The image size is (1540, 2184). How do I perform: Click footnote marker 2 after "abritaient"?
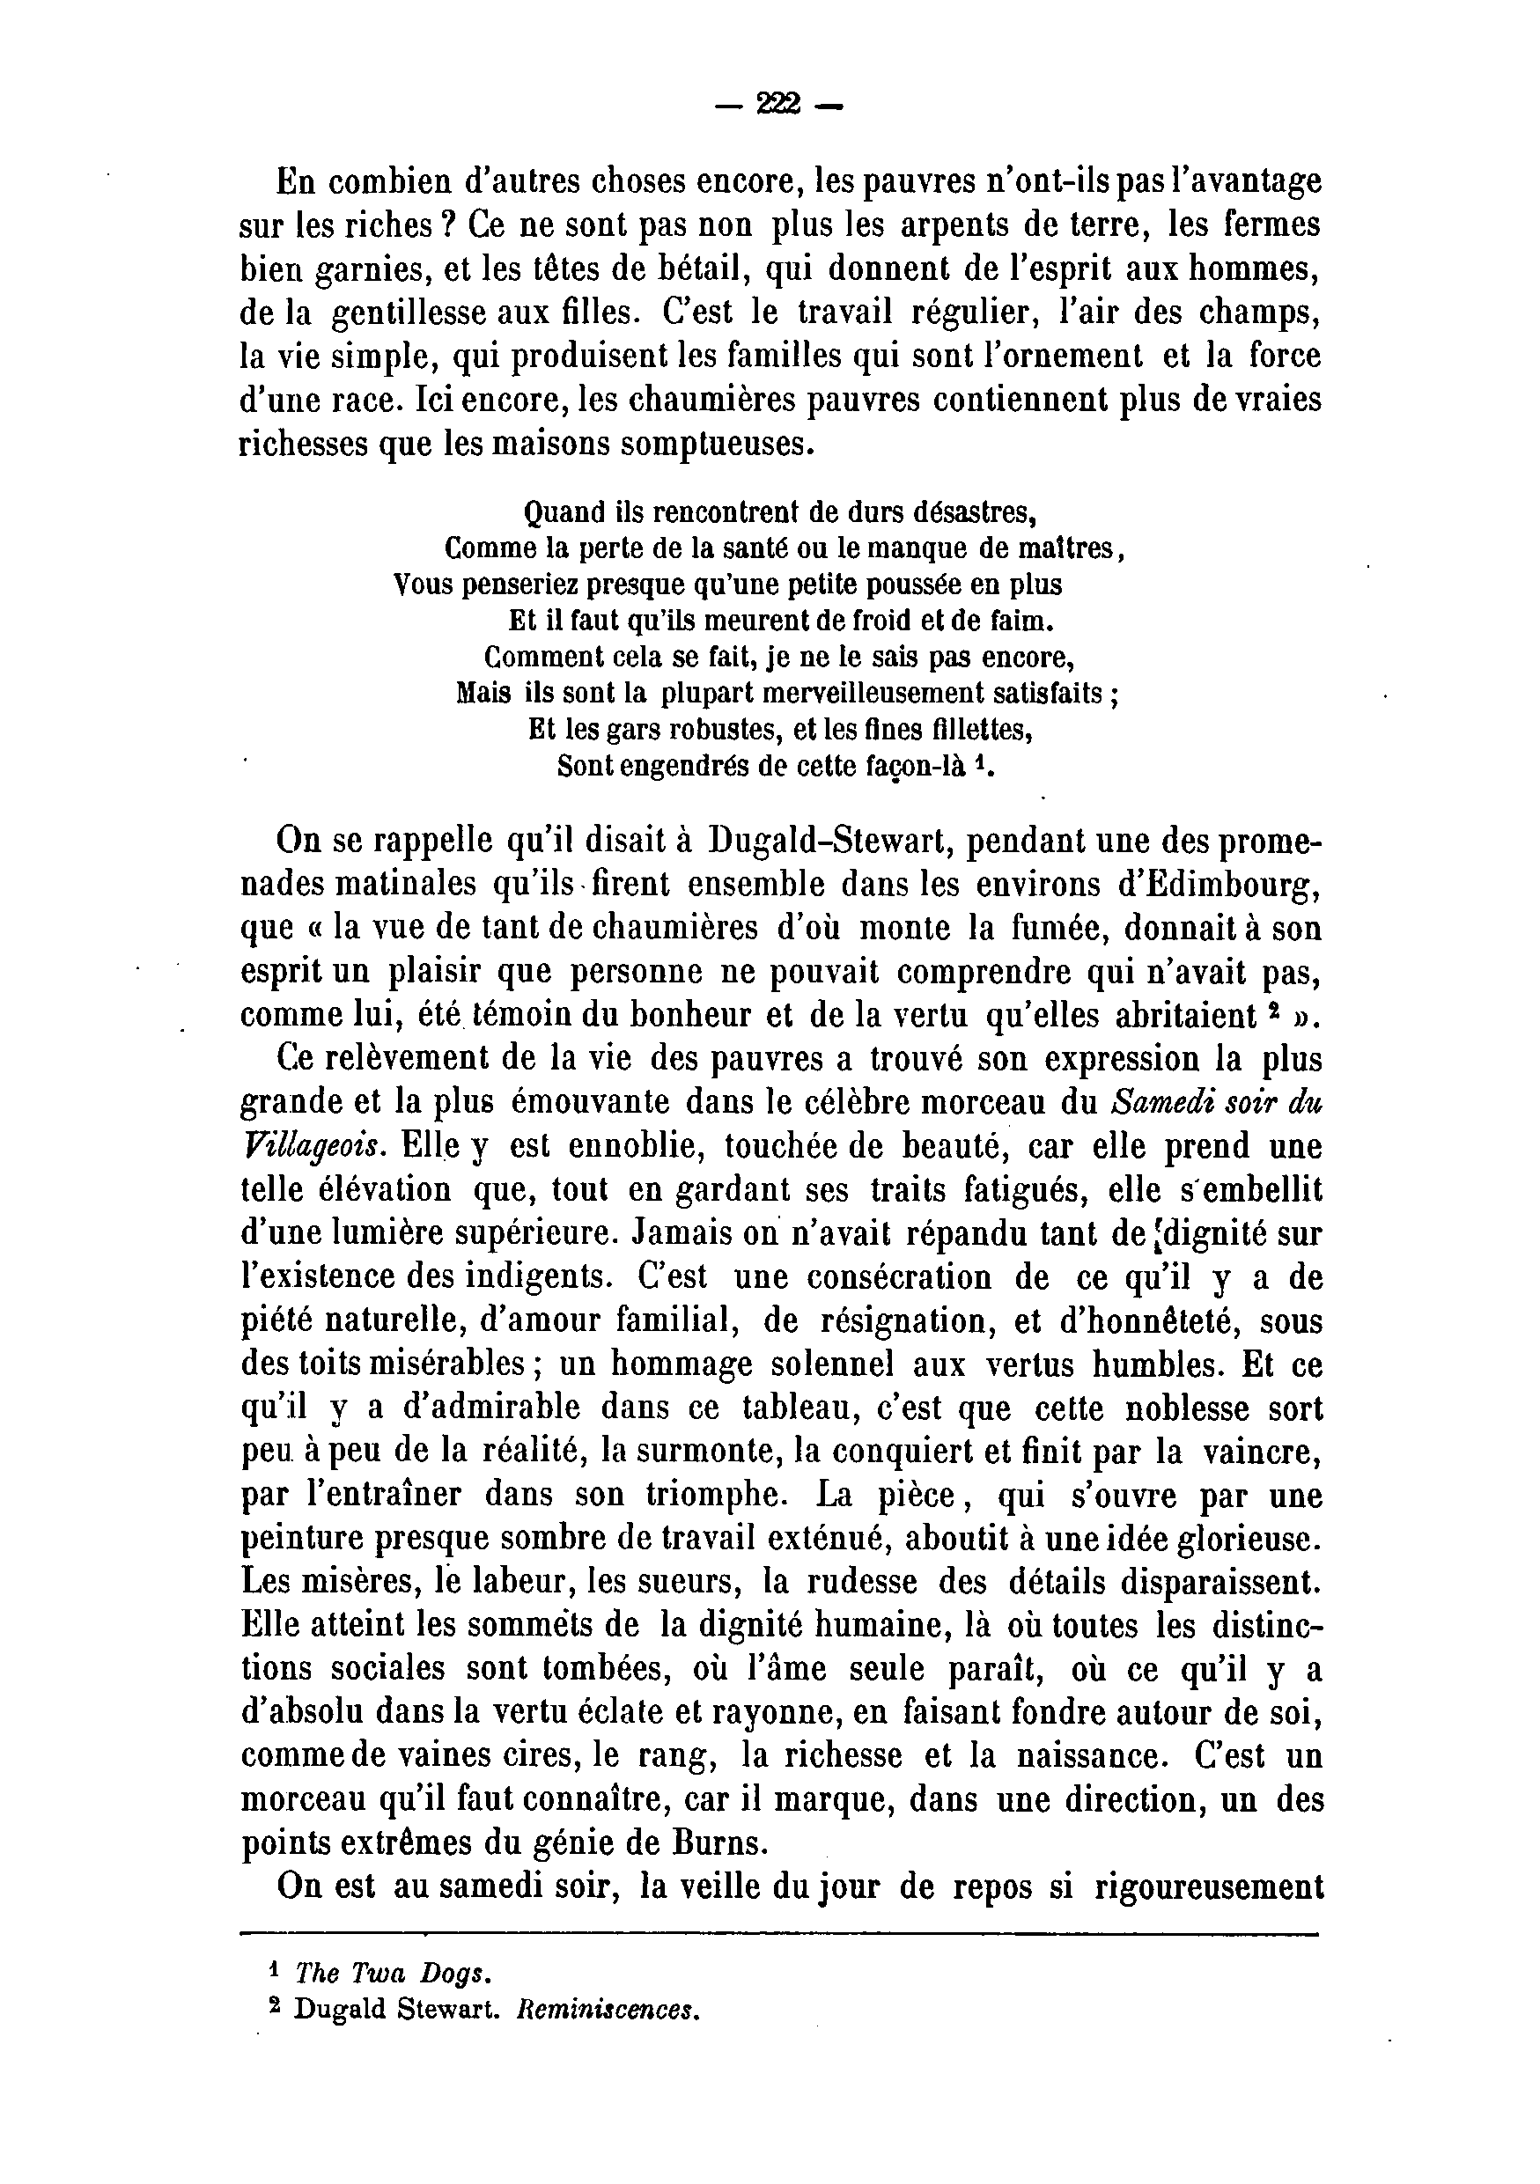click(1271, 1011)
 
